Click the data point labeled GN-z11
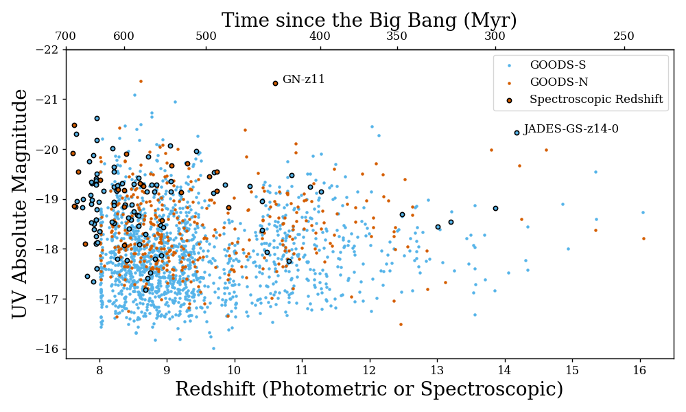point(275,83)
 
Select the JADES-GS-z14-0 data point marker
point(517,133)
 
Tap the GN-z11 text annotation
point(303,80)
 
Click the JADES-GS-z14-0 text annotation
point(571,129)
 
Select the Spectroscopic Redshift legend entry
point(595,100)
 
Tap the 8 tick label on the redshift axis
point(99,370)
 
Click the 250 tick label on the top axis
point(624,36)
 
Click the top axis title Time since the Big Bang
point(369,21)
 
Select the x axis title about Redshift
point(369,390)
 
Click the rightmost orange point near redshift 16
point(643,238)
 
